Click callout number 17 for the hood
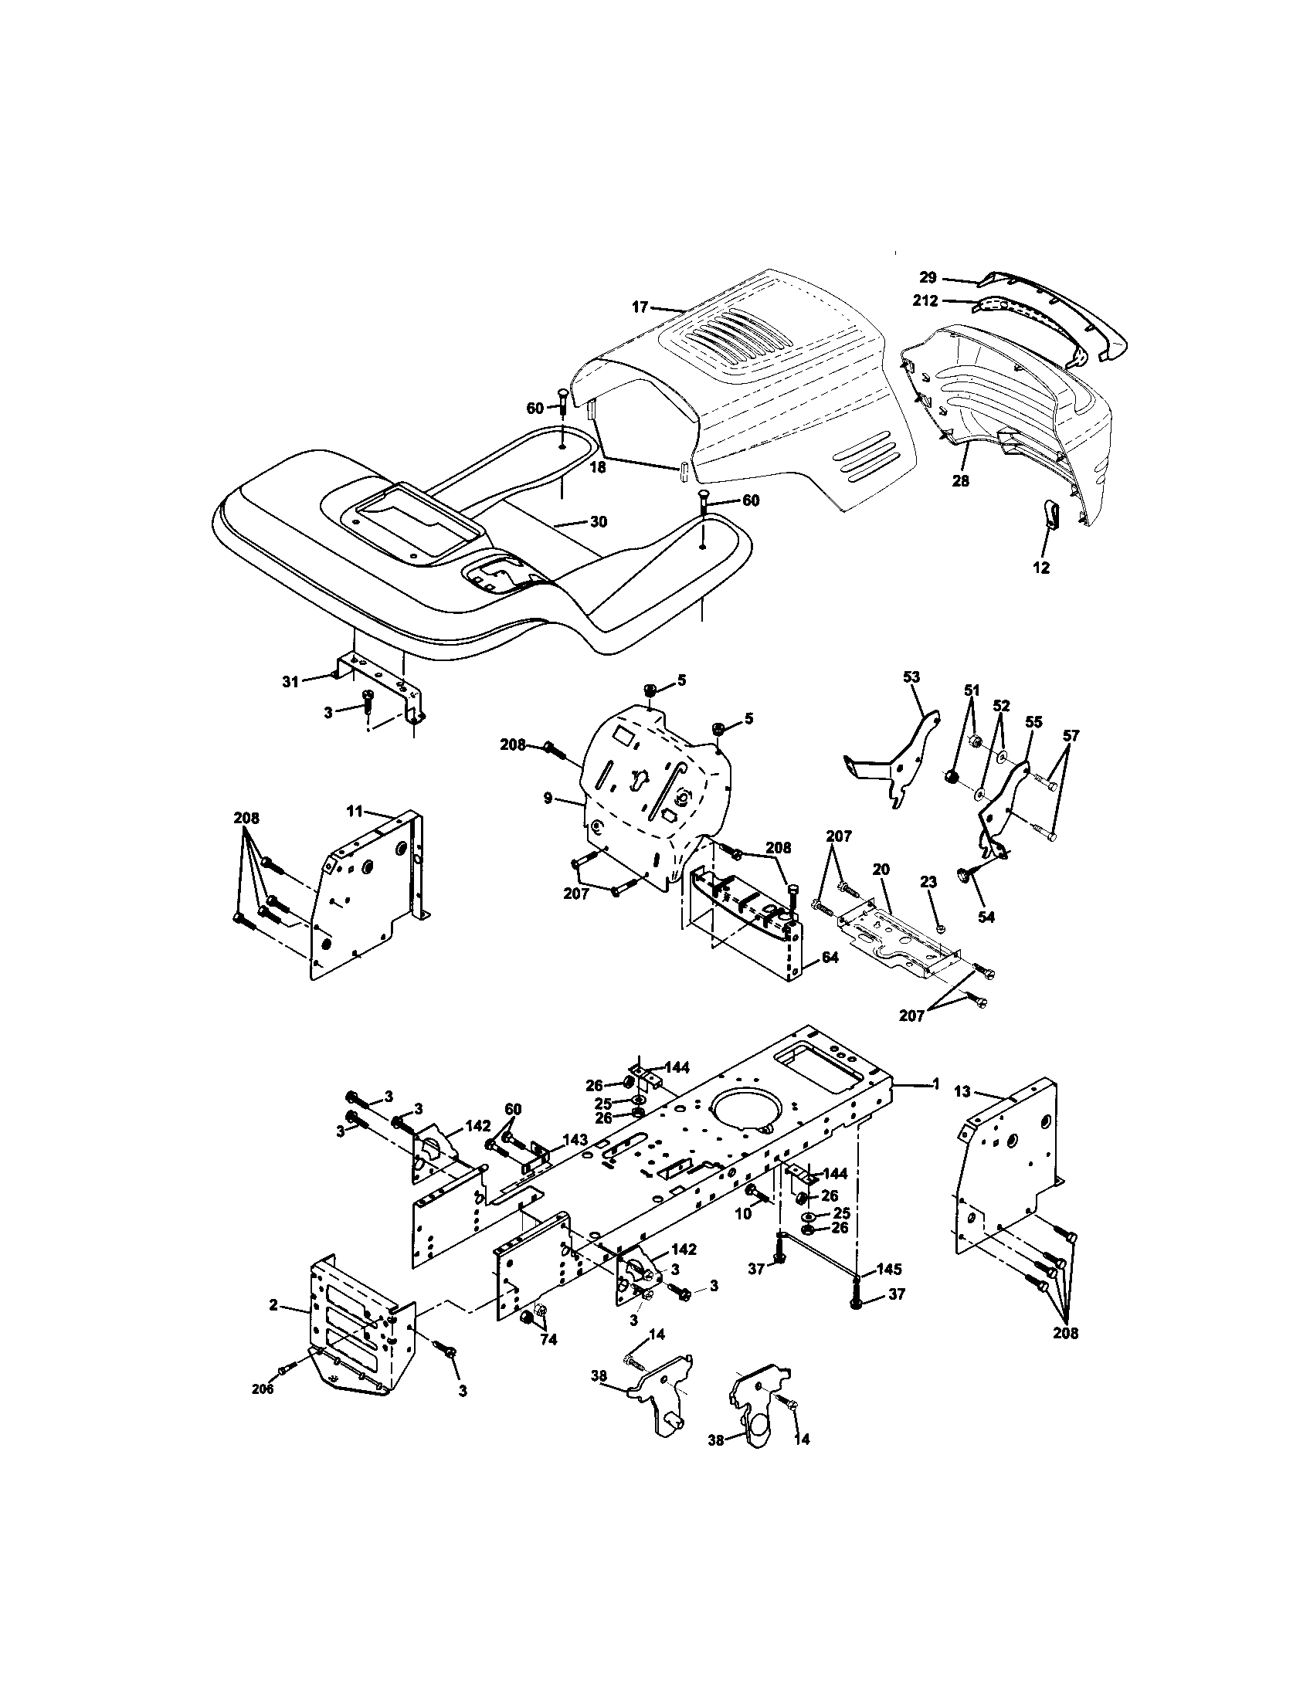pyautogui.click(x=640, y=307)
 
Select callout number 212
pyautogui.click(x=925, y=300)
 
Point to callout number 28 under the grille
pyautogui.click(x=961, y=481)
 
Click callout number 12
pyautogui.click(x=1041, y=568)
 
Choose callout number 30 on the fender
pyautogui.click(x=598, y=522)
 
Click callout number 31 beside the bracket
pyautogui.click(x=290, y=681)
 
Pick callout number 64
pyautogui.click(x=830, y=958)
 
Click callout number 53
pyautogui.click(x=911, y=677)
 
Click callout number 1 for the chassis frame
pyautogui.click(x=936, y=1083)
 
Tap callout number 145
pyautogui.click(x=889, y=1270)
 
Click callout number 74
pyautogui.click(x=549, y=1340)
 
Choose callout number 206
pyautogui.click(x=263, y=1389)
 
